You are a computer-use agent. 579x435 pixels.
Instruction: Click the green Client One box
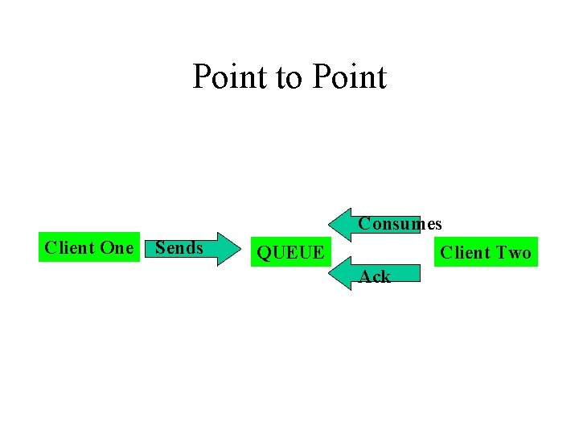click(88, 247)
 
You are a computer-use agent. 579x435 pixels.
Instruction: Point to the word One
click(117, 247)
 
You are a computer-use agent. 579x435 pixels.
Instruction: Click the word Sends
click(179, 247)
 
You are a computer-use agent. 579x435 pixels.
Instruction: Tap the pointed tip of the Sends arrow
click(241, 249)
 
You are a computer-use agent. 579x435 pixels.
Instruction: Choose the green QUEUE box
click(289, 253)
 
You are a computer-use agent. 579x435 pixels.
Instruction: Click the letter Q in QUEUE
click(264, 253)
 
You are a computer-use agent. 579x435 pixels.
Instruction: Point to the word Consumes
click(400, 223)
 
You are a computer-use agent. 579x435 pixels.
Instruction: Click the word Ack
click(375, 276)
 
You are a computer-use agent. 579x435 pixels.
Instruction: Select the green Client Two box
click(485, 253)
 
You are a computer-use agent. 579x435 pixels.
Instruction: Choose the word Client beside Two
click(466, 253)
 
